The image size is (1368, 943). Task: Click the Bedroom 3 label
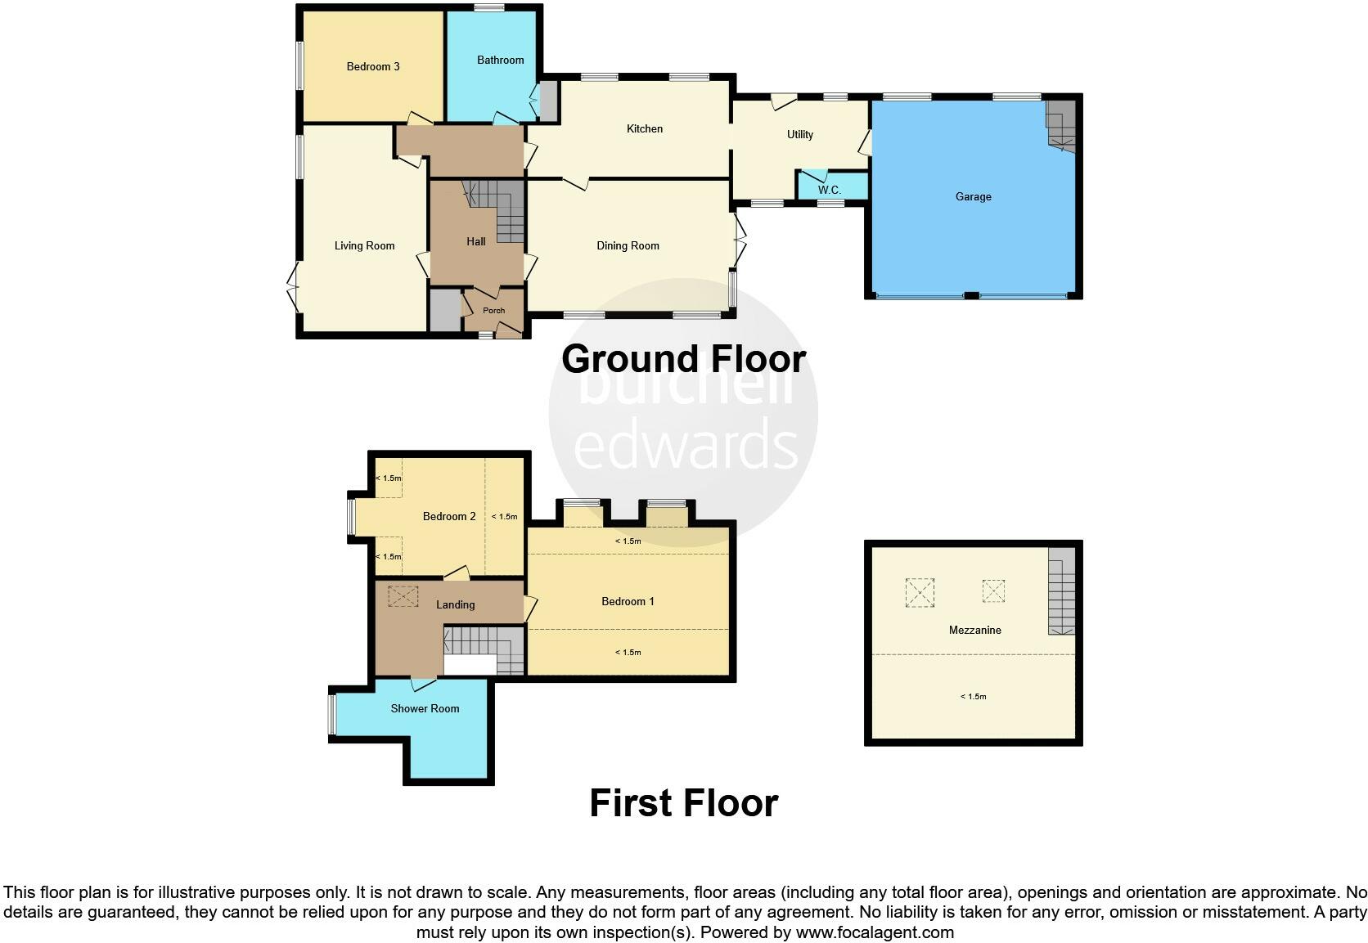[x=373, y=66]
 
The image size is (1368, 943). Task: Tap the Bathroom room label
[x=500, y=60]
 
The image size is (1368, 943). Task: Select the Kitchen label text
[x=644, y=128]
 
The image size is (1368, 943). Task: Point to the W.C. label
[x=829, y=190]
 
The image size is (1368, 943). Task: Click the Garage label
[x=973, y=196]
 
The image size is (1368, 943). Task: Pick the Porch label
[x=493, y=311]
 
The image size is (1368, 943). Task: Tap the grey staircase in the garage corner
[x=1061, y=125]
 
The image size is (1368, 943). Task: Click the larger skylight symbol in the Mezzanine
[x=920, y=592]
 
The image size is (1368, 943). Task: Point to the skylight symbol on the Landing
[x=402, y=596]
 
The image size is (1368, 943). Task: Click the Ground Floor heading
[x=683, y=359]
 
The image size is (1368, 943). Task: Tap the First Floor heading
[x=683, y=803]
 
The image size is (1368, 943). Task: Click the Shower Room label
[x=425, y=708]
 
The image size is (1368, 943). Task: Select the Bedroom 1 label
[x=628, y=601]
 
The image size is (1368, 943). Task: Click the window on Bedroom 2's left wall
[x=351, y=517]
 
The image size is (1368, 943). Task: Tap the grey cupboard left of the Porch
[x=445, y=310]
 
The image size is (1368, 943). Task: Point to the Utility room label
[x=799, y=134]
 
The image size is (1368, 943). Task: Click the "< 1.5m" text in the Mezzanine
[x=973, y=697]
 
